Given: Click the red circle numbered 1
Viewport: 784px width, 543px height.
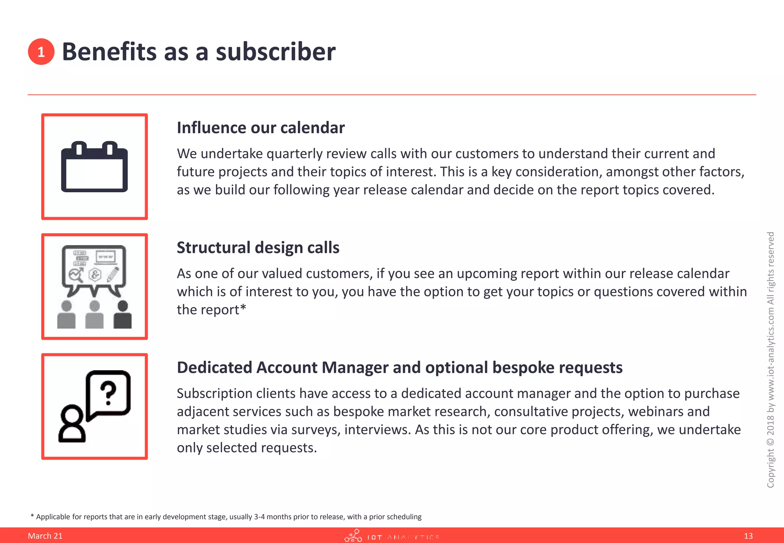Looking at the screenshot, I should point(41,52).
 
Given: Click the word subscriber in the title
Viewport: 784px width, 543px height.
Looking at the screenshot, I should point(275,52).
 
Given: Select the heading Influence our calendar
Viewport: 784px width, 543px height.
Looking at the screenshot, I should point(260,128).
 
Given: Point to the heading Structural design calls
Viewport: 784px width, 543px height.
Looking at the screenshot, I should point(258,248).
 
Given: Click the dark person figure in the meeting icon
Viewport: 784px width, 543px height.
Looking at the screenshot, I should point(122,315).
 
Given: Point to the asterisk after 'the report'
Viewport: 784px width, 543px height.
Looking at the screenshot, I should point(243,308).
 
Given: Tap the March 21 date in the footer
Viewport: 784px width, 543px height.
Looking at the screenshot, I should point(45,536).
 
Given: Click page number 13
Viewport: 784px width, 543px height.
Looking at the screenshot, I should point(748,536).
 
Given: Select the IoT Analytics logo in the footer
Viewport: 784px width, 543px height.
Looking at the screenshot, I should point(391,536).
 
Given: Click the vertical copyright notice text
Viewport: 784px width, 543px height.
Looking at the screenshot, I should point(771,360).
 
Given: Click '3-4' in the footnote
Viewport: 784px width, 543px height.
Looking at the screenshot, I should point(259,517).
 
